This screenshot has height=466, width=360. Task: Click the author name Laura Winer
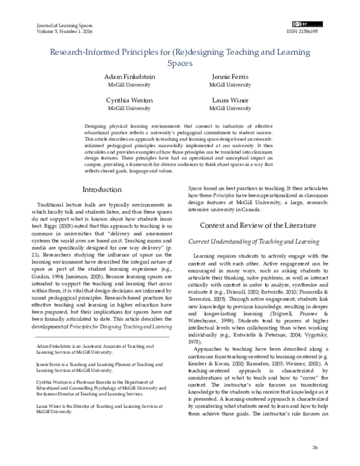point(230,100)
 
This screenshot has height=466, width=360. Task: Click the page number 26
point(315,448)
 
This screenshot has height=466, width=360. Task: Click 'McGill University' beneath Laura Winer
point(230,109)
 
